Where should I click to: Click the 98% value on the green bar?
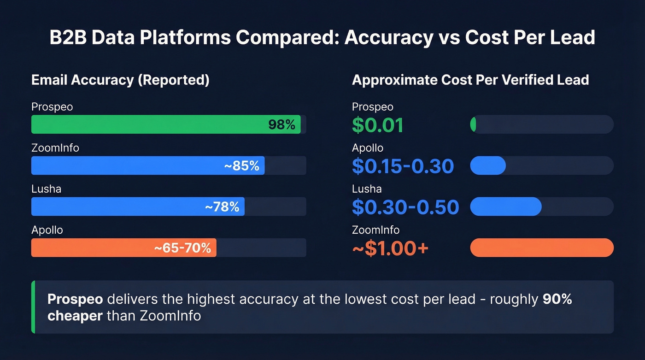click(x=281, y=124)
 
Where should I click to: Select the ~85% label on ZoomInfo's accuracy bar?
click(x=241, y=165)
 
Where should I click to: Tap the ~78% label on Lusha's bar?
click(x=222, y=207)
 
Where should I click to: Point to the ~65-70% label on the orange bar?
click(x=182, y=248)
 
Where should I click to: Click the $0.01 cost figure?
click(x=377, y=125)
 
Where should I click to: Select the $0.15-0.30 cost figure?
click(x=403, y=166)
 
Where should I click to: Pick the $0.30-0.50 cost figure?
click(x=405, y=207)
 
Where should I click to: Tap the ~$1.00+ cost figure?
click(x=390, y=248)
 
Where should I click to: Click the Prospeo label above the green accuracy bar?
click(x=52, y=107)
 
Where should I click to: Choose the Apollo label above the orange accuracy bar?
click(x=47, y=230)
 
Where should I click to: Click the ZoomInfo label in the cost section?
click(x=375, y=230)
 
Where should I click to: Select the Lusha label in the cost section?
click(x=367, y=189)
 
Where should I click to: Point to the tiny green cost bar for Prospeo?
click(x=473, y=124)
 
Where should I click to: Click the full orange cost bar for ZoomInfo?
click(x=541, y=248)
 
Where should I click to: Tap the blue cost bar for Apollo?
click(x=488, y=165)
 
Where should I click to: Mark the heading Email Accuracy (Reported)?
click(x=120, y=80)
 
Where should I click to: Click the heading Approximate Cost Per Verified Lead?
click(x=470, y=80)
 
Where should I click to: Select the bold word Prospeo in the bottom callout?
click(x=75, y=299)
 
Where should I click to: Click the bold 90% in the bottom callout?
click(x=557, y=299)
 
